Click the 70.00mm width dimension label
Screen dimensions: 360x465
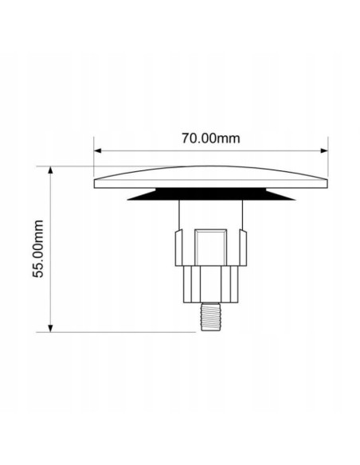(x=210, y=139)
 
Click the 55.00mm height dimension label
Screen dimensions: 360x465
(x=38, y=248)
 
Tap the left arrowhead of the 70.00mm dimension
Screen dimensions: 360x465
(x=97, y=150)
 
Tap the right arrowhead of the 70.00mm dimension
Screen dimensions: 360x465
(x=324, y=150)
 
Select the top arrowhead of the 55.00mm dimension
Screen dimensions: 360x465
(x=50, y=170)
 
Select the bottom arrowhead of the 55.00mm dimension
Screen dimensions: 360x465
(x=50, y=328)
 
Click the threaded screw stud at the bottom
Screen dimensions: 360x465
(x=210, y=316)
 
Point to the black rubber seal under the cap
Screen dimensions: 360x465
(x=211, y=194)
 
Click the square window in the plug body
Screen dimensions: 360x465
(x=210, y=247)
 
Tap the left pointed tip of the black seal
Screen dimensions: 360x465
(x=127, y=200)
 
